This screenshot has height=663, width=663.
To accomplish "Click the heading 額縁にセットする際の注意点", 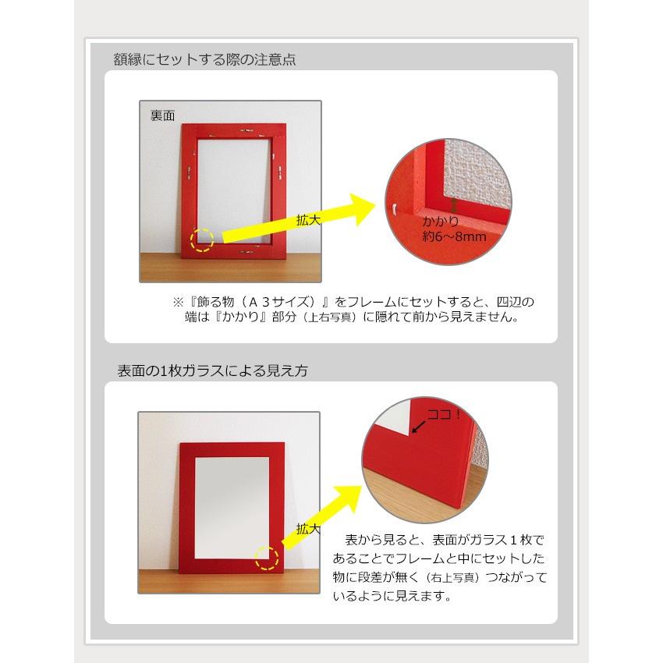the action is [x=204, y=59].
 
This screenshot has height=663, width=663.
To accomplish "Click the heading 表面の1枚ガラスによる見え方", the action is [x=212, y=370].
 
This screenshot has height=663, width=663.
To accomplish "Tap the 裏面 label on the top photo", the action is [x=162, y=115].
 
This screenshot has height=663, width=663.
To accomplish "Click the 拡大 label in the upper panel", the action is [x=308, y=220].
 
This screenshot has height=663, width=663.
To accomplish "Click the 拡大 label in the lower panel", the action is [x=308, y=529].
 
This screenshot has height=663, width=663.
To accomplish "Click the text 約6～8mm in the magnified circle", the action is [x=455, y=236].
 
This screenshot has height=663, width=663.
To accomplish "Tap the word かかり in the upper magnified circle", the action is [x=441, y=222].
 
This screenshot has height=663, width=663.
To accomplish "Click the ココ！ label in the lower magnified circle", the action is [x=444, y=414].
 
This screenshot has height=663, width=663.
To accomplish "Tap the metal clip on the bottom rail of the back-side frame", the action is [x=247, y=253].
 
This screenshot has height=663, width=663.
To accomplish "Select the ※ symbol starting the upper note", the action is [x=178, y=302].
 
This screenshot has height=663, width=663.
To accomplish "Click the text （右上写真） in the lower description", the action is [x=452, y=577].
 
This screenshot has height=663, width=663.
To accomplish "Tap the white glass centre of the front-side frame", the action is [x=232, y=508].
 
